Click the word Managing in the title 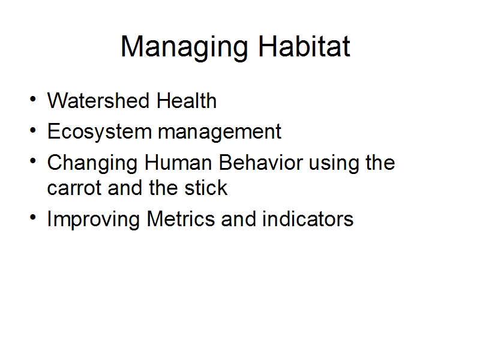184,47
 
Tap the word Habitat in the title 304,46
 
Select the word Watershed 98,100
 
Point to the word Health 187,100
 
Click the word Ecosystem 100,132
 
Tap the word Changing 92,163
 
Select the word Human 178,162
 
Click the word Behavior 261,162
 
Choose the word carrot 74,188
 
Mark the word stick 206,187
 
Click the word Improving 94,220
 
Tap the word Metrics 181,218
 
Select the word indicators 308,218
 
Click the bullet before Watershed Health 33,99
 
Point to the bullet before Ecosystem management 33,130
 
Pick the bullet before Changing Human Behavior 33,161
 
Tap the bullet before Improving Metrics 33,217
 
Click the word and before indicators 238,218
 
